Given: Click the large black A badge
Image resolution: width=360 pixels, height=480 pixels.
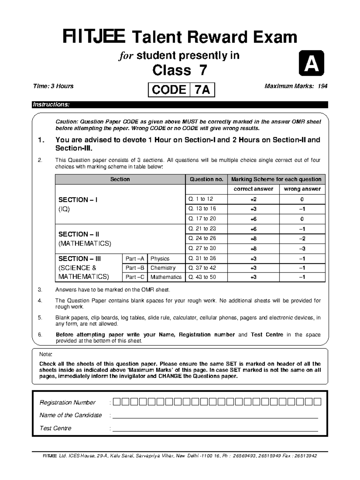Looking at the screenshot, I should pos(311,63).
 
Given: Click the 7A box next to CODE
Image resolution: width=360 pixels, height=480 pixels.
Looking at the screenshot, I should pos(202,90).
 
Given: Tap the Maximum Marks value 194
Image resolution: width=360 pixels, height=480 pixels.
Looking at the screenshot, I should pos(322,86).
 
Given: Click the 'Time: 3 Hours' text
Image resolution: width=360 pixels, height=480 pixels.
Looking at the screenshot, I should pos(53,86).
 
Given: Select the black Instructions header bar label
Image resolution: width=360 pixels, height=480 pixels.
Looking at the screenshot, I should pos(51,104).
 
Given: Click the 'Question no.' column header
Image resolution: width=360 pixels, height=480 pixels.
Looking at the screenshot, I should pos(206,179).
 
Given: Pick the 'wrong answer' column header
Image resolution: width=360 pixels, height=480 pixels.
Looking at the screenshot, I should pos(302,189).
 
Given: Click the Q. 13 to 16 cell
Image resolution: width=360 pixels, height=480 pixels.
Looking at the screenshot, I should pos(202,208).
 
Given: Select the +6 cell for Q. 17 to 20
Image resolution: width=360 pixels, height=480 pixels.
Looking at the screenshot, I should pos(253,219).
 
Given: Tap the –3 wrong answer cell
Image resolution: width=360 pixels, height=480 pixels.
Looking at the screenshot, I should pos(302,249).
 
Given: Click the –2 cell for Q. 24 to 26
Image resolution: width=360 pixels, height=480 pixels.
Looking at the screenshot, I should pos(302,239).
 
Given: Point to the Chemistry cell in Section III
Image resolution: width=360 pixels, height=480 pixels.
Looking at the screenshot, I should pos(163,268).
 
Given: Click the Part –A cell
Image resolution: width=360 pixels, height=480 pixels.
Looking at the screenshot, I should pos(135,259).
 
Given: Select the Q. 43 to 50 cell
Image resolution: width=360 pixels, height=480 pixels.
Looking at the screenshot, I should pos(202,277).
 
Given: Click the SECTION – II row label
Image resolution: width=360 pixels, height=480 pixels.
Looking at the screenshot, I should pos(79,234).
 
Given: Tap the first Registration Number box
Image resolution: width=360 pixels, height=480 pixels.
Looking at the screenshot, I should pos(117,402).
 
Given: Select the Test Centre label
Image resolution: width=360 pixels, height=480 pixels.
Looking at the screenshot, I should pos(55,428).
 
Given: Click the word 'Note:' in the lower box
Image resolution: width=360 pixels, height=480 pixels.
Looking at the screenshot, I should pos(46,355).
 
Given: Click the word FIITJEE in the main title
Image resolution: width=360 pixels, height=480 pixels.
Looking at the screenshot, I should pos(94,37).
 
